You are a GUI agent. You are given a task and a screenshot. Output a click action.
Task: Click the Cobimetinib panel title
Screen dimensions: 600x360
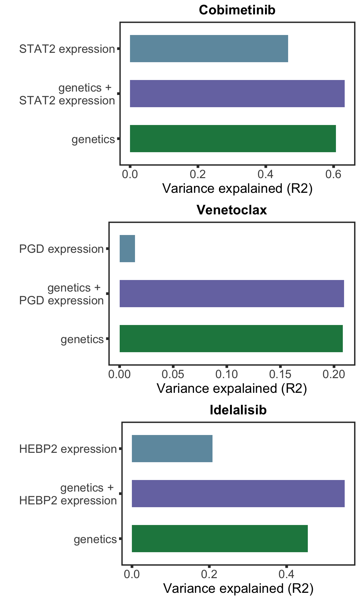(237, 10)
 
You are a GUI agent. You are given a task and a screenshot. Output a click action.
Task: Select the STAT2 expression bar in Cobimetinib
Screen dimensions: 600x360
(209, 49)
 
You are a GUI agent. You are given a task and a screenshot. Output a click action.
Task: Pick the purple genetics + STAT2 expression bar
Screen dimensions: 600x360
(237, 94)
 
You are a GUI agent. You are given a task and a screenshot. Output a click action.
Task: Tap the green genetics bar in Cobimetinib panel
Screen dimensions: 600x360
(233, 139)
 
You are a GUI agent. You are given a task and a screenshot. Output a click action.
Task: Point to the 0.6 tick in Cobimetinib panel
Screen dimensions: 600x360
(333, 174)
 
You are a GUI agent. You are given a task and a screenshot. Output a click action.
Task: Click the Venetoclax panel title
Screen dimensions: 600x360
(232, 210)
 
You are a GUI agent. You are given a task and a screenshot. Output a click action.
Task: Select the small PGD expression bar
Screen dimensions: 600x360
(127, 249)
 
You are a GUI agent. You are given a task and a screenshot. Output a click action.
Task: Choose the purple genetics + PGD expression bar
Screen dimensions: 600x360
(232, 294)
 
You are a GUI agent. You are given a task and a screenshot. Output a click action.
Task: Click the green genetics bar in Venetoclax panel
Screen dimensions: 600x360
(231, 339)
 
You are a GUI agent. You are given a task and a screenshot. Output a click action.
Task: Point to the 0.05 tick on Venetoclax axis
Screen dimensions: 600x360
(173, 374)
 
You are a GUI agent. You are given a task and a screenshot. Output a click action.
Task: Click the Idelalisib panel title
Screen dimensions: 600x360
(238, 410)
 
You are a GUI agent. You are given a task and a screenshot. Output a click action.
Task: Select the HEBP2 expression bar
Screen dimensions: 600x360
(172, 449)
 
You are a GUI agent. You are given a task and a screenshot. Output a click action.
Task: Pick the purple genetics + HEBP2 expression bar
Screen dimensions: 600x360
(238, 494)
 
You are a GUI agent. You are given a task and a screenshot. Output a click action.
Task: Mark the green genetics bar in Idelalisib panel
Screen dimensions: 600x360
(220, 539)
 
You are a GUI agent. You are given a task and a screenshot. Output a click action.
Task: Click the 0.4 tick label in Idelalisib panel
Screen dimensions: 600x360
(286, 574)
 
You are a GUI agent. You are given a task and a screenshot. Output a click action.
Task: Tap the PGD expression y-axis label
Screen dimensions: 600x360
(61, 249)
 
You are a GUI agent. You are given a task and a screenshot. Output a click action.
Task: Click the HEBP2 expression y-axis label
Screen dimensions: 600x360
(68, 449)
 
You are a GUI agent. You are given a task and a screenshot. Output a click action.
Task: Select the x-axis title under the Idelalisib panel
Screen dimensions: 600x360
(238, 588)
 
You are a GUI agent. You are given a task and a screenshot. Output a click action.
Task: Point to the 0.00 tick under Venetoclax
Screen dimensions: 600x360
(119, 374)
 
